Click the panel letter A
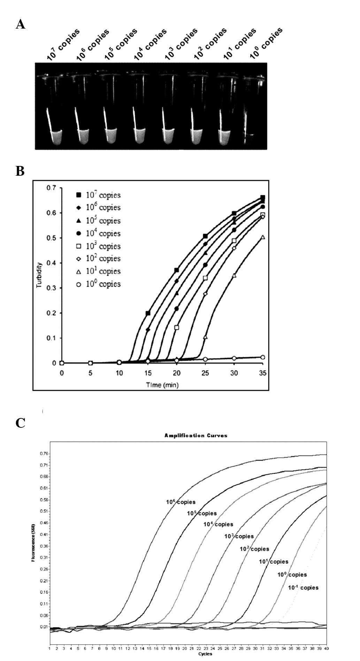(21, 24)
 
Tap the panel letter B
(20, 171)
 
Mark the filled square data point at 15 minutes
(148, 313)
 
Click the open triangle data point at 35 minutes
(263, 237)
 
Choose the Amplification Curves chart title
(196, 435)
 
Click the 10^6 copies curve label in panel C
(181, 502)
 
